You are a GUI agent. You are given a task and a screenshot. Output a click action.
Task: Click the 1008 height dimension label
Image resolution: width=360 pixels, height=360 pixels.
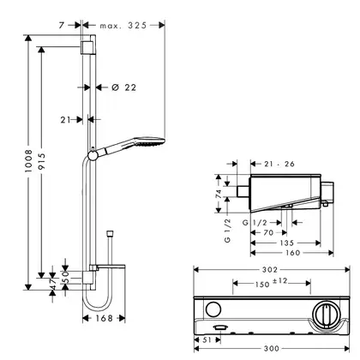tap(28, 161)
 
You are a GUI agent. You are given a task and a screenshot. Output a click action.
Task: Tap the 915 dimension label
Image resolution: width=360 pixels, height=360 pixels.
tap(42, 162)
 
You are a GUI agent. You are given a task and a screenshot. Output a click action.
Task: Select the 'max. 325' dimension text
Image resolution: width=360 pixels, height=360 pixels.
tap(123, 26)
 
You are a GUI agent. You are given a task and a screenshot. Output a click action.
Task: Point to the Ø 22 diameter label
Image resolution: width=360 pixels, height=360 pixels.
tap(124, 87)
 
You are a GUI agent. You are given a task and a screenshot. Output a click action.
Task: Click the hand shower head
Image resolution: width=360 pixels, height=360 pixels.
tap(149, 141)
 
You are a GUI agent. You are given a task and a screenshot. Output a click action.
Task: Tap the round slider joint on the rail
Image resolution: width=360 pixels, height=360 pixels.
tap(93, 155)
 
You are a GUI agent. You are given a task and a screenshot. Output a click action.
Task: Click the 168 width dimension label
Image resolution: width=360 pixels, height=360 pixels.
tap(104, 318)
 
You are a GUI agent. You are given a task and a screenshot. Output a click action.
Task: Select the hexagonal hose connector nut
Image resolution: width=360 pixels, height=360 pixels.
tap(110, 233)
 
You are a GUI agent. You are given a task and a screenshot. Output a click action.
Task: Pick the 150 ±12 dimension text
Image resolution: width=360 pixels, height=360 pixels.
tap(271, 283)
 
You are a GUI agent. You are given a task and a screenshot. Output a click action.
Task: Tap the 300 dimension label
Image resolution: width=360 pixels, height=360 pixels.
tap(272, 349)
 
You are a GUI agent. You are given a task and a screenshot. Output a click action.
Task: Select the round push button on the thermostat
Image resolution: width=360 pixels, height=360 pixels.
tap(213, 309)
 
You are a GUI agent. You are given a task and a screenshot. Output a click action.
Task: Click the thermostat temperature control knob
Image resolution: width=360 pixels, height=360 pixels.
tap(326, 315)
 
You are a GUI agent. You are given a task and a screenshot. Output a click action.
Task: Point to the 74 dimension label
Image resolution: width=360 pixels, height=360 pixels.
tap(219, 194)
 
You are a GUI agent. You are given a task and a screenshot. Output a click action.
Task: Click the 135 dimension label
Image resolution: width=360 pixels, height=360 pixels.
tap(286, 243)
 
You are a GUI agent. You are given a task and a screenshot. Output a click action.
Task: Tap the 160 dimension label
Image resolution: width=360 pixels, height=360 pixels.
tap(293, 253)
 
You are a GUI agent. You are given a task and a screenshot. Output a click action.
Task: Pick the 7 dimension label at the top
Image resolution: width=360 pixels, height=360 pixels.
tap(62, 26)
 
